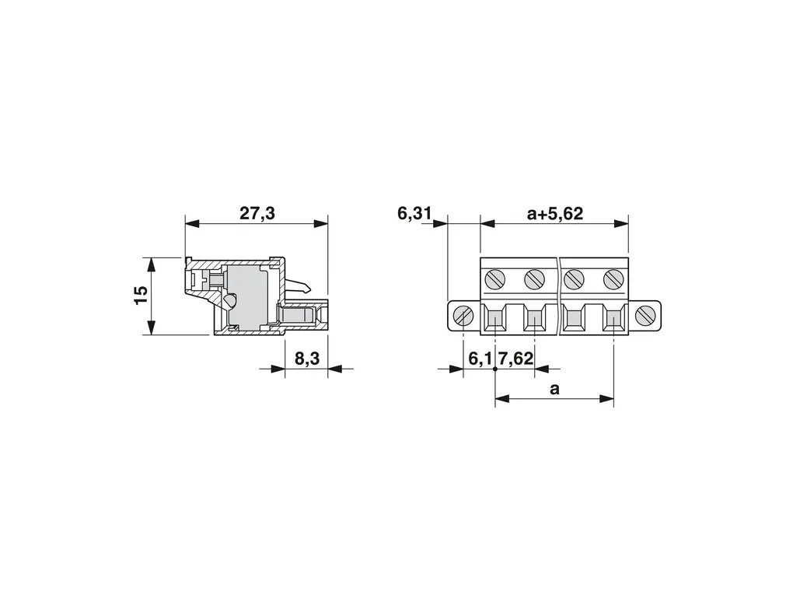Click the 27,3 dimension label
tap(257, 213)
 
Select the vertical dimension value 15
tap(141, 295)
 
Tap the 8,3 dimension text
tap(307, 359)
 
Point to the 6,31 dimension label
tap(414, 213)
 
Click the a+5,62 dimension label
tap(555, 213)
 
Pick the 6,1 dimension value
tap(480, 359)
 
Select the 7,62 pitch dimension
tap(516, 359)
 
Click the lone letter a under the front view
tap(555, 389)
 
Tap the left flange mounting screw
tap(463, 316)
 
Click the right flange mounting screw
tap(645, 316)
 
